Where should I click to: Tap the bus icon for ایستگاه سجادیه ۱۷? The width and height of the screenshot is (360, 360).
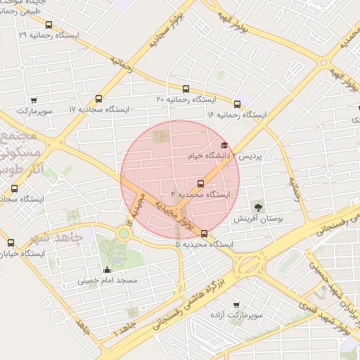98,99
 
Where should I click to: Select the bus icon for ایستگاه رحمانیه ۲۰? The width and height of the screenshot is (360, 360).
186,89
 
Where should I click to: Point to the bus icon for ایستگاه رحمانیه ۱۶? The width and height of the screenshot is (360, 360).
237,104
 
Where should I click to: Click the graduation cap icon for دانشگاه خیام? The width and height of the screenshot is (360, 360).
224,145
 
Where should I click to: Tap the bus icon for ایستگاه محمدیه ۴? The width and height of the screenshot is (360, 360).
200,184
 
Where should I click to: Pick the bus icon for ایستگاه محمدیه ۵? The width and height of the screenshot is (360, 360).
205,233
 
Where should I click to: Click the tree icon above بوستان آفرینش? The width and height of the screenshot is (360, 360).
259,207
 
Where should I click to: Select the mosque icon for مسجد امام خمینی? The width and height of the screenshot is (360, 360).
107,269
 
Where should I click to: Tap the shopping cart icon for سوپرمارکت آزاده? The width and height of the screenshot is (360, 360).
236,305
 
